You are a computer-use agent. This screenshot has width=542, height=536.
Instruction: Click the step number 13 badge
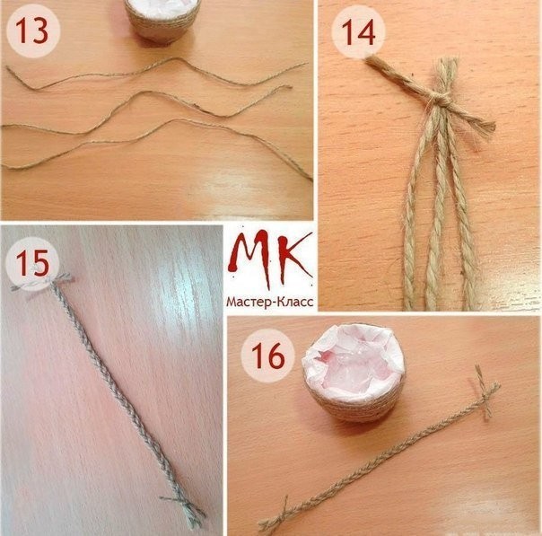tap(33, 31)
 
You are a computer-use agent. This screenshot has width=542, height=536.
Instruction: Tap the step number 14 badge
tap(358, 32)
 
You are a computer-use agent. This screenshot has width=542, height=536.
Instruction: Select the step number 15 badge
tap(32, 263)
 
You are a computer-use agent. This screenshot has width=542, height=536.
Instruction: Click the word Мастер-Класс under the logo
tap(270, 302)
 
